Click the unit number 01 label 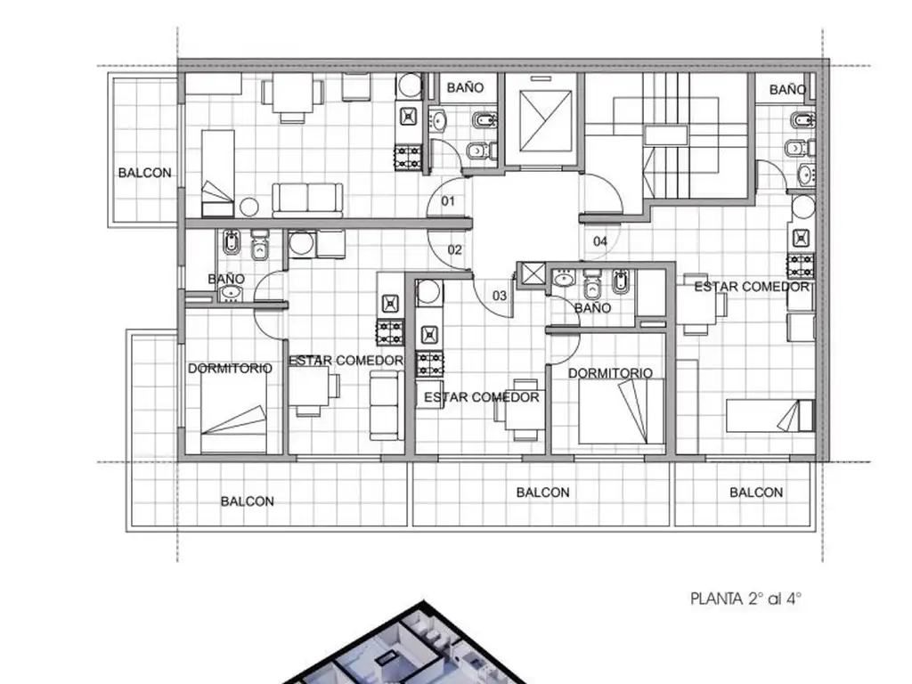[448, 201]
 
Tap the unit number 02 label [455, 249]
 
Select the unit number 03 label [500, 296]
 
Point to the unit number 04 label [600, 240]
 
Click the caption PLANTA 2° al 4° [745, 598]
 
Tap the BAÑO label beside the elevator [465, 87]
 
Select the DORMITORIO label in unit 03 [610, 373]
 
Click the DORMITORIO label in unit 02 [230, 368]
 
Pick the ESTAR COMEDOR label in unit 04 [752, 286]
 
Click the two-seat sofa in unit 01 [307, 200]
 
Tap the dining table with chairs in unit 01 [292, 98]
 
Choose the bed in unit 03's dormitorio [621, 411]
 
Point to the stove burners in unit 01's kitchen [408, 158]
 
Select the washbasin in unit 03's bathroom [563, 279]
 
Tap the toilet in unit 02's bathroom [259, 246]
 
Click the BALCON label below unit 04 [756, 493]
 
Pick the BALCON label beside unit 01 [145, 173]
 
